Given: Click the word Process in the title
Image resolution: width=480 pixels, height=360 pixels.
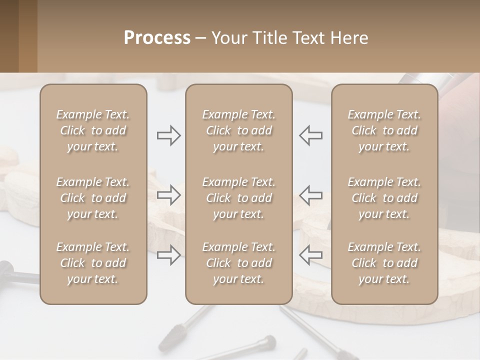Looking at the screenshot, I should tap(157, 38).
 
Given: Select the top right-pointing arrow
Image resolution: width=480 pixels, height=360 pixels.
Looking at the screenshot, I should tap(169, 135).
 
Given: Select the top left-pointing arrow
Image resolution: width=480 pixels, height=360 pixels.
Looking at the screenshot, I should tap(310, 135).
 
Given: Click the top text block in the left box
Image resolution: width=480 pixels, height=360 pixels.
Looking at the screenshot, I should tap(93, 130).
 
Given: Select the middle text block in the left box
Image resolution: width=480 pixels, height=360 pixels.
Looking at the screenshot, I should tap(93, 198).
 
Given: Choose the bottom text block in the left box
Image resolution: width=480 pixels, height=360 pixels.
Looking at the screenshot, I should tap(93, 263).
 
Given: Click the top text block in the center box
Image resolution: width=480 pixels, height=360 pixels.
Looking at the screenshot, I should tap(239, 130).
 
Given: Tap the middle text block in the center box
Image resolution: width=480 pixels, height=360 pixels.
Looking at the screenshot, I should tap(239, 198).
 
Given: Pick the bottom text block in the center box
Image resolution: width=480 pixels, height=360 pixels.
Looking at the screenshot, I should tap(239, 263).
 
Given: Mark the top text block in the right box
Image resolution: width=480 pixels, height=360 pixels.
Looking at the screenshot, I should tap(384, 130).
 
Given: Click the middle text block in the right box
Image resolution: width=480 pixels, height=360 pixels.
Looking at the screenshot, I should tap(384, 198).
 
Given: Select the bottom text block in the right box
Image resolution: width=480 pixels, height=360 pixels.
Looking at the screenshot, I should tap(384, 263).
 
